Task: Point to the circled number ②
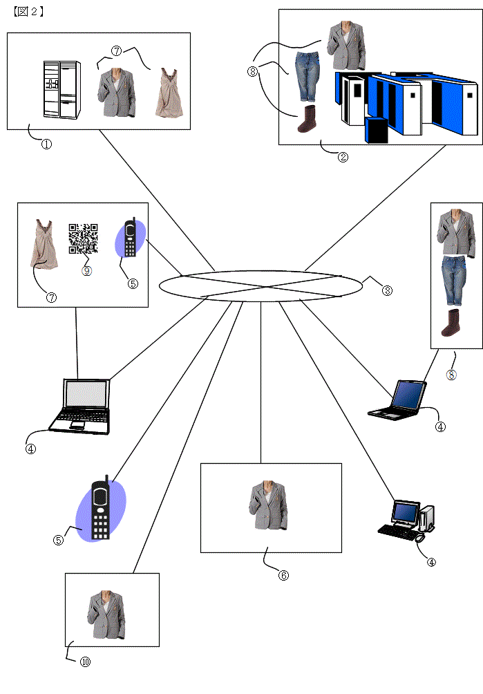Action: tap(343, 157)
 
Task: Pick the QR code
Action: tap(83, 238)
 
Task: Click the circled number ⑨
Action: tap(86, 271)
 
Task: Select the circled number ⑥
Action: tap(283, 574)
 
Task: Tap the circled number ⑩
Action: tap(86, 662)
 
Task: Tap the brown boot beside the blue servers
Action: tap(306, 119)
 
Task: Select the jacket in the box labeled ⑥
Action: tap(270, 506)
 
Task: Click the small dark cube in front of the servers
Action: tap(376, 131)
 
